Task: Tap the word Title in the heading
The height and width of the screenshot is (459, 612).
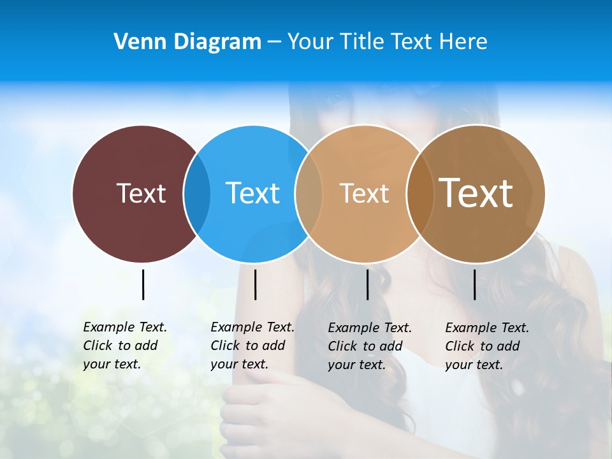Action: tap(363, 42)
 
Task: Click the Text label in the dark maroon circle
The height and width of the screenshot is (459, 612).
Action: tap(141, 193)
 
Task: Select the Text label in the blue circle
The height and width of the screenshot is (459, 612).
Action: tap(252, 193)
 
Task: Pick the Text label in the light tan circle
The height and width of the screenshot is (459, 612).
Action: tap(364, 193)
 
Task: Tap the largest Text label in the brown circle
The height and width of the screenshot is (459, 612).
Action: tap(476, 193)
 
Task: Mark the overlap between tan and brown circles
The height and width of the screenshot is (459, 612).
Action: tap(418, 194)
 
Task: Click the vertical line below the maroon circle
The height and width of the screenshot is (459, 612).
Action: tap(143, 284)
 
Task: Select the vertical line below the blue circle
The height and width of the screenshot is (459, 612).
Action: tap(255, 284)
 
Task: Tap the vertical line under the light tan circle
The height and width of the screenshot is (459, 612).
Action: tap(367, 284)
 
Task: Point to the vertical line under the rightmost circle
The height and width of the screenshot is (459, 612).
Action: tap(474, 284)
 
